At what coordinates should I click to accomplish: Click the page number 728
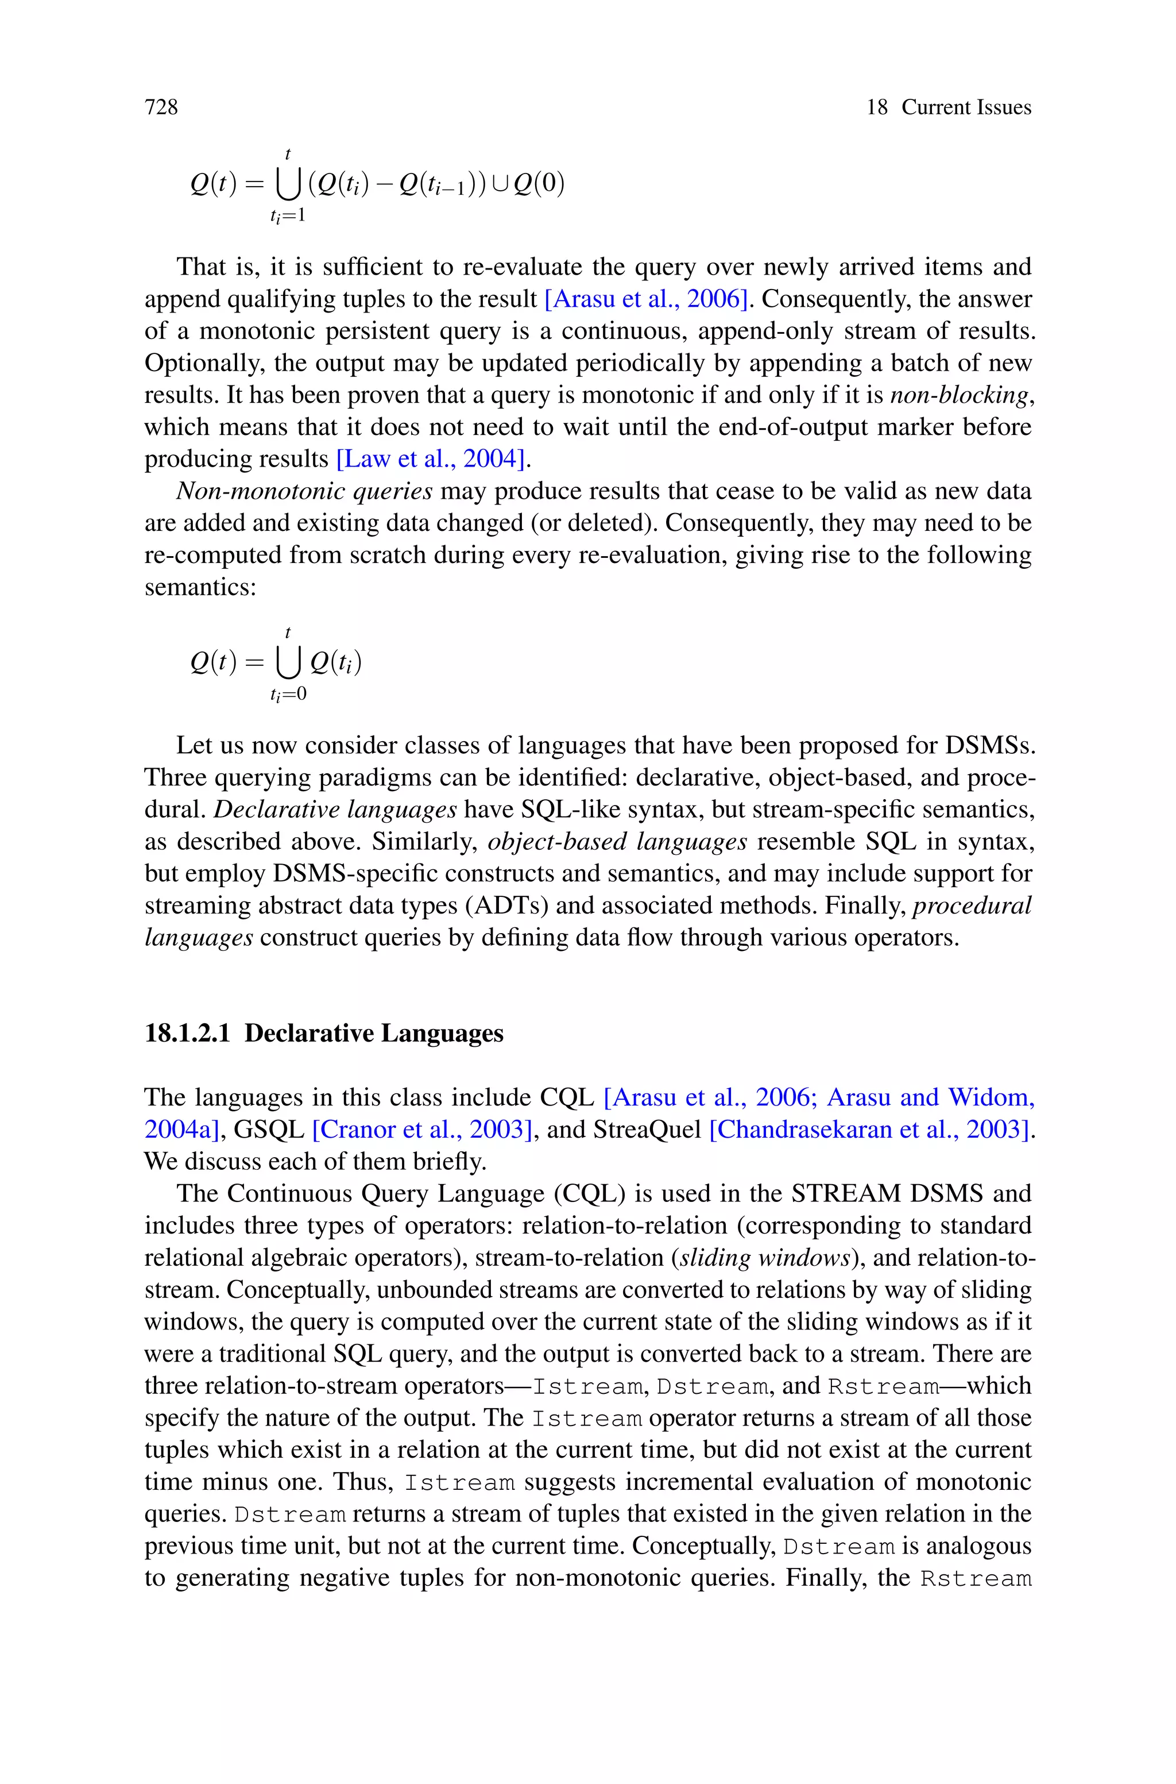point(161,107)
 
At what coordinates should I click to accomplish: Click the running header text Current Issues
point(966,107)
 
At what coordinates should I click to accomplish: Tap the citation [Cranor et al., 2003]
point(422,1130)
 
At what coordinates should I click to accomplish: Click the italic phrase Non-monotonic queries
point(304,491)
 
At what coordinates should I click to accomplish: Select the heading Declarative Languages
point(373,1034)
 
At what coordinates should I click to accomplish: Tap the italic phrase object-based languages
point(617,842)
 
